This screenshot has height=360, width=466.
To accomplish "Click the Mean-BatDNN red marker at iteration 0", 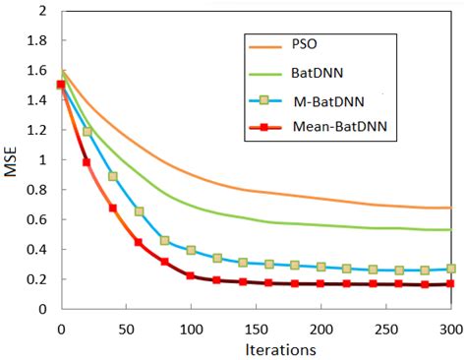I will click(x=61, y=85).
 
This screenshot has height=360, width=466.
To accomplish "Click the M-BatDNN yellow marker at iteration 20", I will click(x=87, y=131).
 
